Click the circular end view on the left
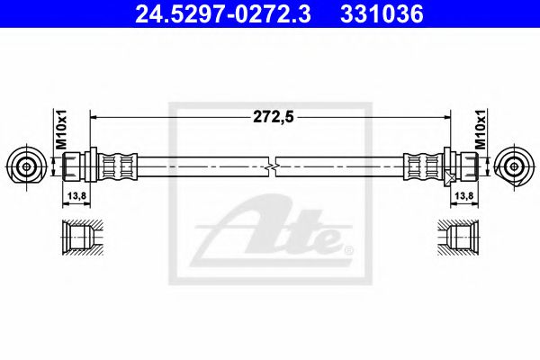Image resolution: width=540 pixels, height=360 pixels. pos(25,166)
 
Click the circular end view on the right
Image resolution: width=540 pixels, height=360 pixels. pos(515,166)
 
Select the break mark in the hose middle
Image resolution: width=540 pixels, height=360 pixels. pos(272,166)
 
